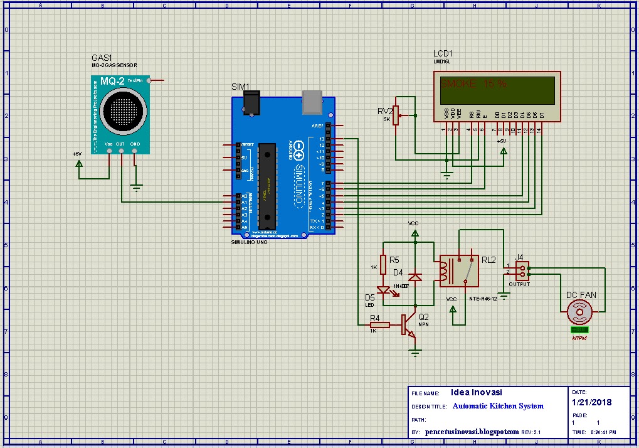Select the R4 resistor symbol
pos(379,325)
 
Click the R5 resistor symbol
pos(383,265)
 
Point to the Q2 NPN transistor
pos(408,326)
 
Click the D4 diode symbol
pos(415,276)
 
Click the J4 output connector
pos(521,270)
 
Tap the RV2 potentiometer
pos(396,115)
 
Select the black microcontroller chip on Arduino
pos(268,186)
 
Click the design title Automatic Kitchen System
pos(498,406)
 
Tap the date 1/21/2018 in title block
pos(591,402)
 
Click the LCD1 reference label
pos(442,54)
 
